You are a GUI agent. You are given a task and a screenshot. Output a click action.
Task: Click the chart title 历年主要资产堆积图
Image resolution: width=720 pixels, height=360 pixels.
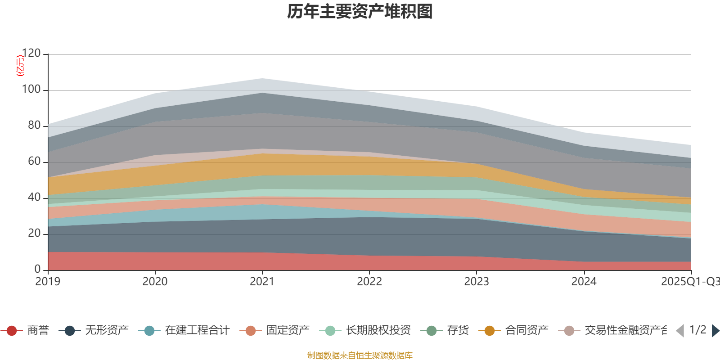(x=360, y=12)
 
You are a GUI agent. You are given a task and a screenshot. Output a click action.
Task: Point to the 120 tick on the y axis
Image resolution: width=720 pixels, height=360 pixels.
(x=31, y=54)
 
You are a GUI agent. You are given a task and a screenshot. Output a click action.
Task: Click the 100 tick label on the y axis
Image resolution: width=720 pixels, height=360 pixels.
(x=31, y=90)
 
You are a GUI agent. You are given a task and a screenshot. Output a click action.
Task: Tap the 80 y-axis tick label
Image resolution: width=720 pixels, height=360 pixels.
(x=34, y=126)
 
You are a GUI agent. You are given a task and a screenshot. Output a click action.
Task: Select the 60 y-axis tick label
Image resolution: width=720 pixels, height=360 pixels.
(x=34, y=162)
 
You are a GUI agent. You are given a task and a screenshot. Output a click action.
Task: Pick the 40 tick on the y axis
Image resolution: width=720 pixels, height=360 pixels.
(x=34, y=198)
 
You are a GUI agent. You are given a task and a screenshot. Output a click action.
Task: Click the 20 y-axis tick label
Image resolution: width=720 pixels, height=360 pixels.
(x=34, y=234)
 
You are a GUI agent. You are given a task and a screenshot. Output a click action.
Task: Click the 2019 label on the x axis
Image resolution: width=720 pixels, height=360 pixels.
(x=48, y=282)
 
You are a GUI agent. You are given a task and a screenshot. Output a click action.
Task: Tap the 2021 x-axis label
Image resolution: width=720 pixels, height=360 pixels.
(x=262, y=282)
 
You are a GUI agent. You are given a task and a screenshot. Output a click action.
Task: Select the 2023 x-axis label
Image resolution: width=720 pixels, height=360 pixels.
(x=477, y=282)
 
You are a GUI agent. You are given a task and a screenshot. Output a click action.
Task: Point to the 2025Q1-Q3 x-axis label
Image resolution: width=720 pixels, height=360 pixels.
(x=689, y=282)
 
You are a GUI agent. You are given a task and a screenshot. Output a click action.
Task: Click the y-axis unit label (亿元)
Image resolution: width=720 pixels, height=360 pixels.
(x=20, y=66)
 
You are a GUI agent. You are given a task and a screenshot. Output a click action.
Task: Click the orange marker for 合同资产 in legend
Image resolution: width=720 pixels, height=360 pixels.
(x=489, y=331)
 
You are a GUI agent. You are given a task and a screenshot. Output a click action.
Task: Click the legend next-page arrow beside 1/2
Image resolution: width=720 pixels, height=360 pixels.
(x=715, y=331)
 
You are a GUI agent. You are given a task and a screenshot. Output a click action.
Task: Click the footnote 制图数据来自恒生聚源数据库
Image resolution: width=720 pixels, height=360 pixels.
(x=360, y=355)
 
